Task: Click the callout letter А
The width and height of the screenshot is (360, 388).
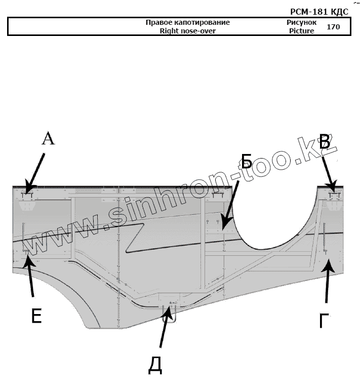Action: point(48,138)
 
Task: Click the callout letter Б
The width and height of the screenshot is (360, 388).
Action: point(246,162)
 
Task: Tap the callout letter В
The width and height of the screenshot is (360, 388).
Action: point(325,142)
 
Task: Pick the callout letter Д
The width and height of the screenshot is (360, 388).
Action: point(154,365)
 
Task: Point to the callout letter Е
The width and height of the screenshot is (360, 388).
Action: point(36,316)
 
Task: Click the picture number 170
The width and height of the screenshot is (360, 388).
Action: point(333,27)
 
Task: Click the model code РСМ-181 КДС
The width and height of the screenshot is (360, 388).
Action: point(319,12)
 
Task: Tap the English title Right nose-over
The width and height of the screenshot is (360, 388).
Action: point(187,31)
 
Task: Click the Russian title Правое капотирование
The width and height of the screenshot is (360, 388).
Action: point(187,23)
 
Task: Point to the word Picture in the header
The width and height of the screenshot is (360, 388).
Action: point(301,31)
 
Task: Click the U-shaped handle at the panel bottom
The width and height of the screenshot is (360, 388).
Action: point(170,314)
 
